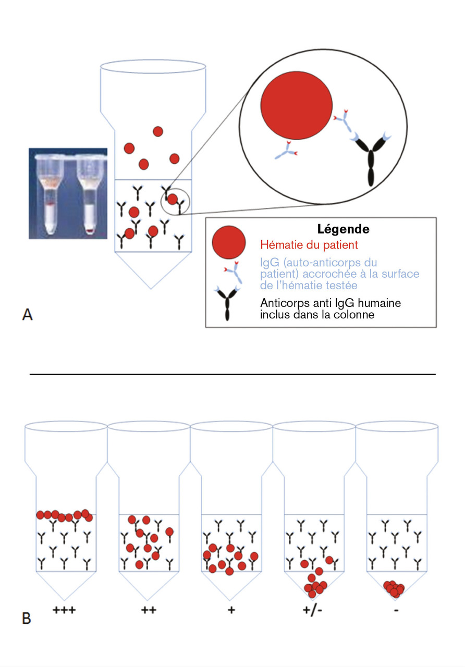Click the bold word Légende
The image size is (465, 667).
click(x=344, y=229)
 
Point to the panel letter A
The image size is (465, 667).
click(x=28, y=314)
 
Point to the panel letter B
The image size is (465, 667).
click(x=27, y=619)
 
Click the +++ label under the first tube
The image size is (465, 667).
click(x=65, y=609)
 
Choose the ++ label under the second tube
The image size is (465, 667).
click(x=148, y=609)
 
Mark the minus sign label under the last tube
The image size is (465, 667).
click(x=396, y=609)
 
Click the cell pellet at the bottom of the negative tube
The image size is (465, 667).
click(x=394, y=588)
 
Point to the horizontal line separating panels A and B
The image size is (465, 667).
click(x=232, y=374)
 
